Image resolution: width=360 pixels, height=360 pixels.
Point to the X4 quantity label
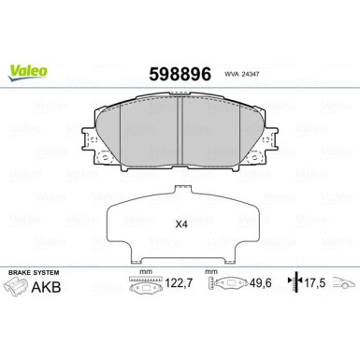181,224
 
